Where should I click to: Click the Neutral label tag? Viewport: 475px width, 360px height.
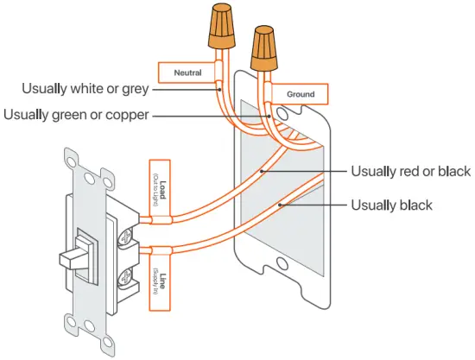pos(187,73)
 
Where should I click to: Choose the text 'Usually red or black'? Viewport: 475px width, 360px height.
pos(410,172)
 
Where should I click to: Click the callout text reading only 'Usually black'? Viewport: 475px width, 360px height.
pos(391,205)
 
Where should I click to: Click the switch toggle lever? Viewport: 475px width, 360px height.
pos(73,256)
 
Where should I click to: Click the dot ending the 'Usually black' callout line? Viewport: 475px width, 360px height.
pos(282,205)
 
